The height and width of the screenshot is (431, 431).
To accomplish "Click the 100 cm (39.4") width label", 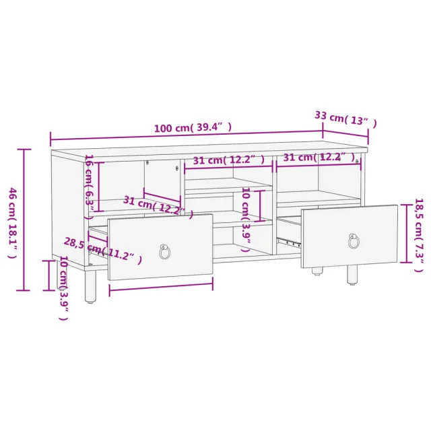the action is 193,127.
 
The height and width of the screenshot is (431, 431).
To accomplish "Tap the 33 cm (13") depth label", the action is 345,119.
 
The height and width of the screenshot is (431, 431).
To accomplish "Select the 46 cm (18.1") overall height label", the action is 13,223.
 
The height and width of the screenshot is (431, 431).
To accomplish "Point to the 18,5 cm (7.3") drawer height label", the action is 418,235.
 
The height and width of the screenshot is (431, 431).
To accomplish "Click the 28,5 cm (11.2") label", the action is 103,250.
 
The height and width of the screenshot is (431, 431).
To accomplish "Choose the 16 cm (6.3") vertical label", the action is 90,187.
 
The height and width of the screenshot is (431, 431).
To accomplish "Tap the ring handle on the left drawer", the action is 164,251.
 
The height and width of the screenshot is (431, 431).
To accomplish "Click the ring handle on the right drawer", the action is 354,241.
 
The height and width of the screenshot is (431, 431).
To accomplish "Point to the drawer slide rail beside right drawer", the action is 289,242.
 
